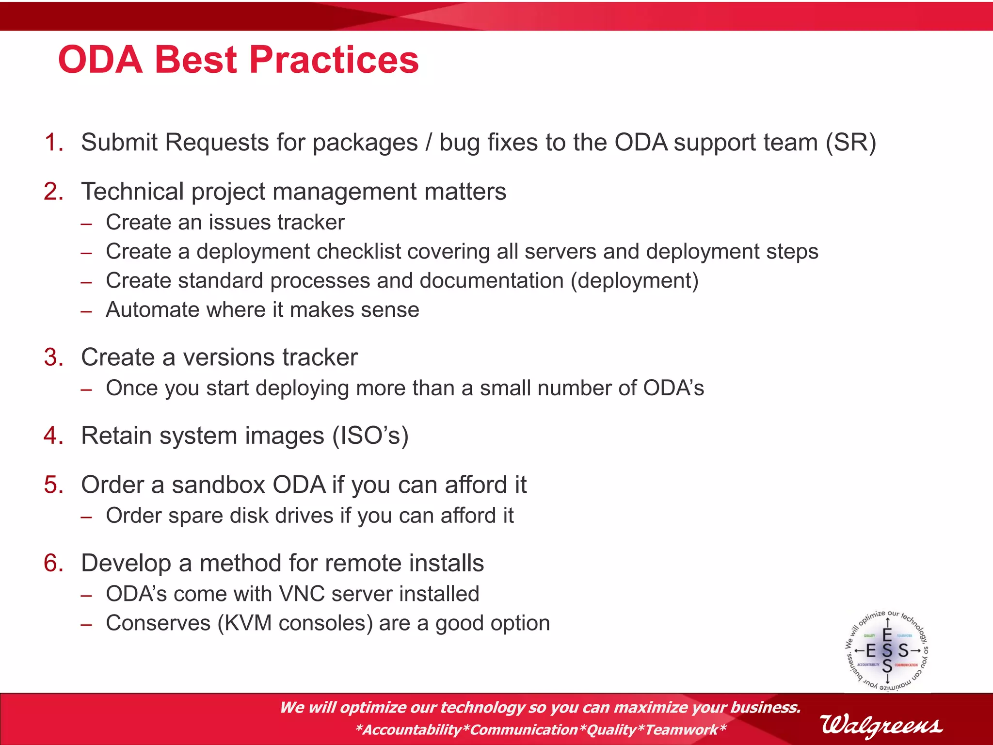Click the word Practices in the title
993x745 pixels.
coord(334,60)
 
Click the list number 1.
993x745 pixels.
coord(53,143)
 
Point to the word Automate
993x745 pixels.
coord(152,310)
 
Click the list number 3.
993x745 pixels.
coord(53,357)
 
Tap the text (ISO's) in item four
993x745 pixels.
coord(370,436)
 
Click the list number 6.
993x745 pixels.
coord(53,564)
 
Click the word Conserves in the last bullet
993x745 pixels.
coord(158,623)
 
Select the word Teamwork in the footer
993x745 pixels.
coord(681,729)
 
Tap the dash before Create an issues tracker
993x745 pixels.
coord(86,224)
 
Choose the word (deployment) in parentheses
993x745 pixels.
coord(634,281)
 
